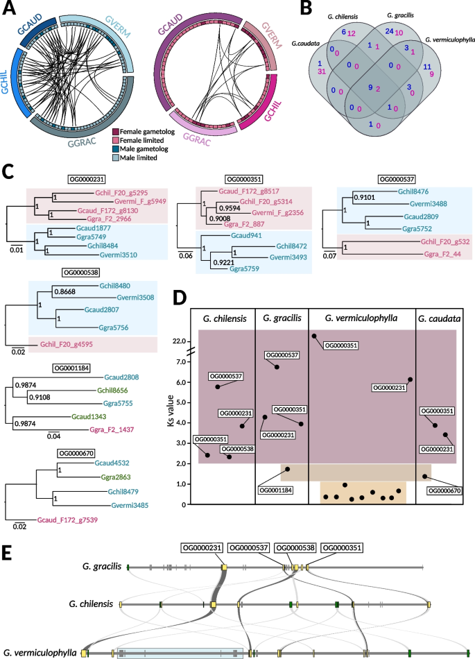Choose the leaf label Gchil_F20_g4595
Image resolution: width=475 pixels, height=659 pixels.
pos(71,341)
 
